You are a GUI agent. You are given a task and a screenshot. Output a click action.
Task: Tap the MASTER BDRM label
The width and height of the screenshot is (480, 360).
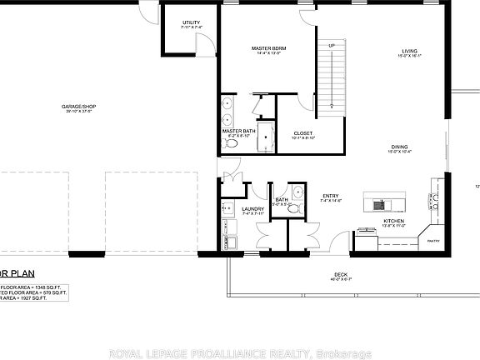pyautogui.click(x=268, y=49)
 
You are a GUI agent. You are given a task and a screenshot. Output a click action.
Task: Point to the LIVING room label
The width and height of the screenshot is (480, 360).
pyautogui.click(x=407, y=52)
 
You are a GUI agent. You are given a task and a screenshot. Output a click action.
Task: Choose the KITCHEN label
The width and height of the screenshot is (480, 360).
pyautogui.click(x=392, y=221)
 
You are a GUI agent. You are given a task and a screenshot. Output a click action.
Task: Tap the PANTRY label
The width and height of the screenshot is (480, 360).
pyautogui.click(x=433, y=241)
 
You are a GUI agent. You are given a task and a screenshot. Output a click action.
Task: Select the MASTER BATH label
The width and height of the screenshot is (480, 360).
pyautogui.click(x=238, y=131)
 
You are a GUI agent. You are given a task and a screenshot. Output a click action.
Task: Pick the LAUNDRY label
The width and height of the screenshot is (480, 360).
pyautogui.click(x=252, y=209)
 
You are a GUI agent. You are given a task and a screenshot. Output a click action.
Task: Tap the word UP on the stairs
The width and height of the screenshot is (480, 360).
pyautogui.click(x=331, y=45)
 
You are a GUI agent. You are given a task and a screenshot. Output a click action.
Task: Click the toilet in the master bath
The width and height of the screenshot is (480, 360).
pyautogui.click(x=232, y=144)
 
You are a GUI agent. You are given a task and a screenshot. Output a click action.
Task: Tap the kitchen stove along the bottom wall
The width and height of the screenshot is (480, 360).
pyautogui.click(x=367, y=231)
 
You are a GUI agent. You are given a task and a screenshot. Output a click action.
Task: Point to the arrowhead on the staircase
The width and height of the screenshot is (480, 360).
pyautogui.click(x=332, y=105)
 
